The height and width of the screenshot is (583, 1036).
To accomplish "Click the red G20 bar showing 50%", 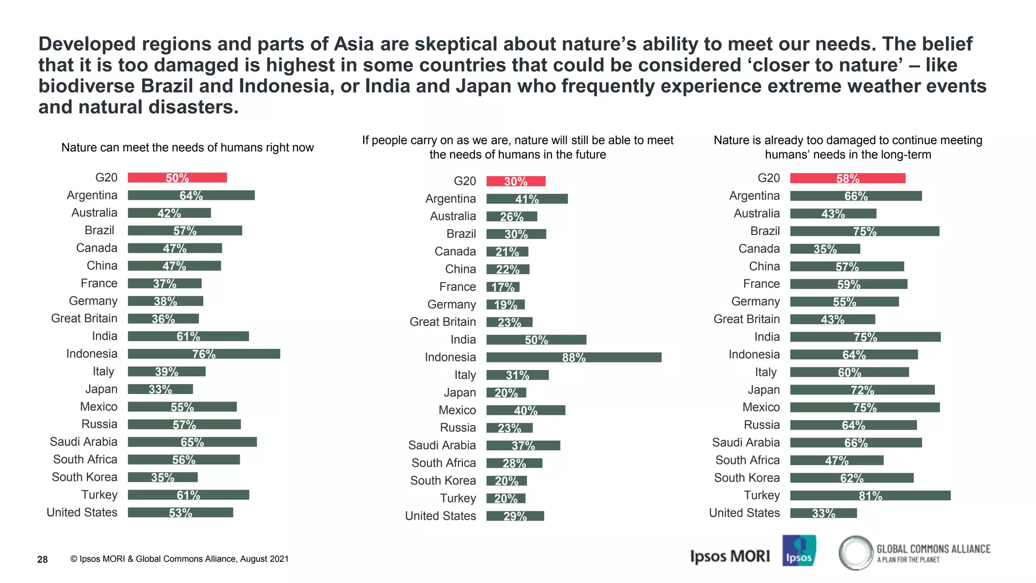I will click(177, 178).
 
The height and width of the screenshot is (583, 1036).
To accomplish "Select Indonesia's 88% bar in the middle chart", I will click(574, 357).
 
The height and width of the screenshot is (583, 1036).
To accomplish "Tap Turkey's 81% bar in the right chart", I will click(870, 495).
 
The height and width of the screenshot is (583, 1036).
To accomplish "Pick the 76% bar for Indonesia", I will click(204, 354).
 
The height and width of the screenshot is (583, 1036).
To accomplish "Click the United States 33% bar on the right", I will click(823, 513).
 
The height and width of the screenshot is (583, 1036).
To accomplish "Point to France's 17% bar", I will click(503, 287).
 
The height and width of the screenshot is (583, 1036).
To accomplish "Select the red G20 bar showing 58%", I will click(847, 178).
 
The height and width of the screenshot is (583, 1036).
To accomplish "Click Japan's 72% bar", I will click(862, 390).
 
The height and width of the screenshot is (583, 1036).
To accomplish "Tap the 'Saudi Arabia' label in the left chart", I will click(83, 442).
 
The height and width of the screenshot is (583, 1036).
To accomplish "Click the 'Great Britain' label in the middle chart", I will click(443, 322).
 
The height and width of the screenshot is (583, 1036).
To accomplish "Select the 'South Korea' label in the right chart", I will click(747, 478).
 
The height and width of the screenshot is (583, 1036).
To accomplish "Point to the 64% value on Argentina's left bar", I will click(191, 195).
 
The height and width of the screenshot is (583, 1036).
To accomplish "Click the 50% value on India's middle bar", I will click(536, 340).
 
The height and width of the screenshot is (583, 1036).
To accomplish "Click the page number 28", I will click(42, 559).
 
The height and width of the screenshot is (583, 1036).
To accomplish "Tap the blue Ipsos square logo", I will click(799, 551).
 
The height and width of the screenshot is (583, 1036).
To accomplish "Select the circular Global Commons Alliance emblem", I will click(856, 553).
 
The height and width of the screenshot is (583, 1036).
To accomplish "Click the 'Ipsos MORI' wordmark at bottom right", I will click(729, 556).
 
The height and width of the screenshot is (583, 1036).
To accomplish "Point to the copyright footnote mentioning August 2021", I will click(180, 559).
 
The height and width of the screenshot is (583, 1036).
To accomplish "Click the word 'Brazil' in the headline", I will click(167, 86).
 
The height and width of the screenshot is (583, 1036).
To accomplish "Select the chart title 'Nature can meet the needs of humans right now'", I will click(187, 147).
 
